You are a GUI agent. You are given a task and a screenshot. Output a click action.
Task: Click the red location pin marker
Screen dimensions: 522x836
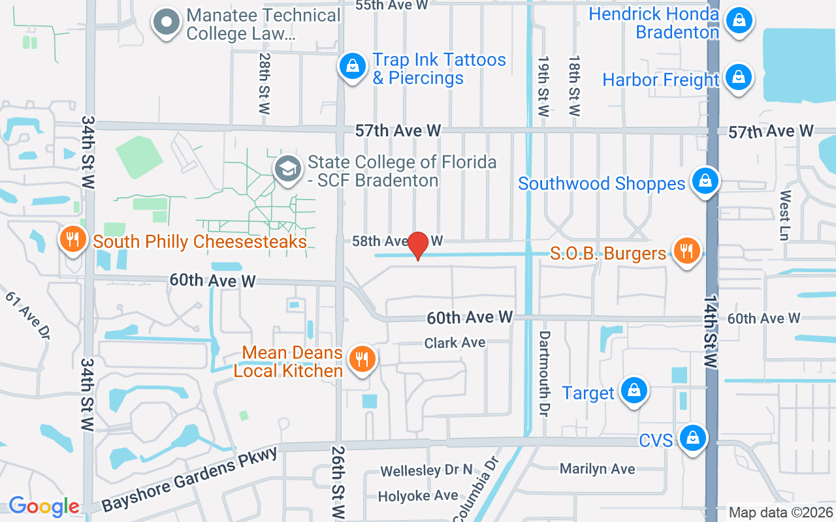click(418, 245)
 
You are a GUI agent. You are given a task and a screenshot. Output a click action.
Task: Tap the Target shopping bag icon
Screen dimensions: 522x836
click(634, 391)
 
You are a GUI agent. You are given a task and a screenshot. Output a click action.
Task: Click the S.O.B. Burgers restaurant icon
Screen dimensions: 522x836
click(686, 251)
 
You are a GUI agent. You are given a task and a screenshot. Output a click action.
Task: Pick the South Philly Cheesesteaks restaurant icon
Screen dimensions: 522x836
click(73, 239)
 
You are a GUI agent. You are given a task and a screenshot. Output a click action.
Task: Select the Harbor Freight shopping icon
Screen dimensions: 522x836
click(739, 78)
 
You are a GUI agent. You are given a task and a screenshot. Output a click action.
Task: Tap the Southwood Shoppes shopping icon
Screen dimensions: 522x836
click(705, 181)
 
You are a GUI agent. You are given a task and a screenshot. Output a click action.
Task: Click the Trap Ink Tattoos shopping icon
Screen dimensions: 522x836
click(353, 67)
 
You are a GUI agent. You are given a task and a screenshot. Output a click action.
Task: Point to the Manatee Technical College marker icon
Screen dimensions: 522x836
click(167, 22)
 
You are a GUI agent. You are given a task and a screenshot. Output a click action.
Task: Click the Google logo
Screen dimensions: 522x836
click(44, 506)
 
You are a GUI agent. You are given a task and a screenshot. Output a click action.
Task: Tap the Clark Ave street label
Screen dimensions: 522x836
click(455, 343)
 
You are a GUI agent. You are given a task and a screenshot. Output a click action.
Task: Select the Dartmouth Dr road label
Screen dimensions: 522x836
click(545, 373)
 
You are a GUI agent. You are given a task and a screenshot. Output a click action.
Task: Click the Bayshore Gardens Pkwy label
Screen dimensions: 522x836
click(190, 478)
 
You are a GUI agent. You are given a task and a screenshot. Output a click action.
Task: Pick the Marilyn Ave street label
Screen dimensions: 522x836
click(597, 468)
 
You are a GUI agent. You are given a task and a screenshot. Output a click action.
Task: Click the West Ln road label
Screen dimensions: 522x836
click(785, 215)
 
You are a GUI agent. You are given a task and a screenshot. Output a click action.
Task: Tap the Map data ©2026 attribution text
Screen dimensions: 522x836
click(780, 512)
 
